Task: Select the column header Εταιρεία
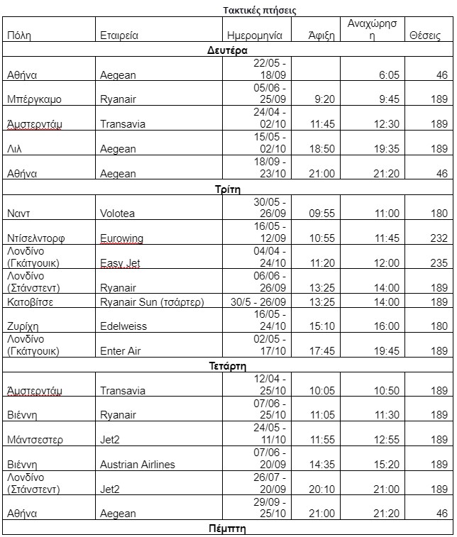(x=119, y=35)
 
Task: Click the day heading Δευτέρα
(x=227, y=51)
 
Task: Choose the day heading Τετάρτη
(x=227, y=367)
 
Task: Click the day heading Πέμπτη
(x=227, y=529)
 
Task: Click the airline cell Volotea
(x=118, y=213)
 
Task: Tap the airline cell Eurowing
(x=122, y=238)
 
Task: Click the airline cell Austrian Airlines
(x=138, y=465)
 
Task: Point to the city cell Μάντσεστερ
(x=35, y=440)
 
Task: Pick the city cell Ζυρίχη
(x=23, y=326)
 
